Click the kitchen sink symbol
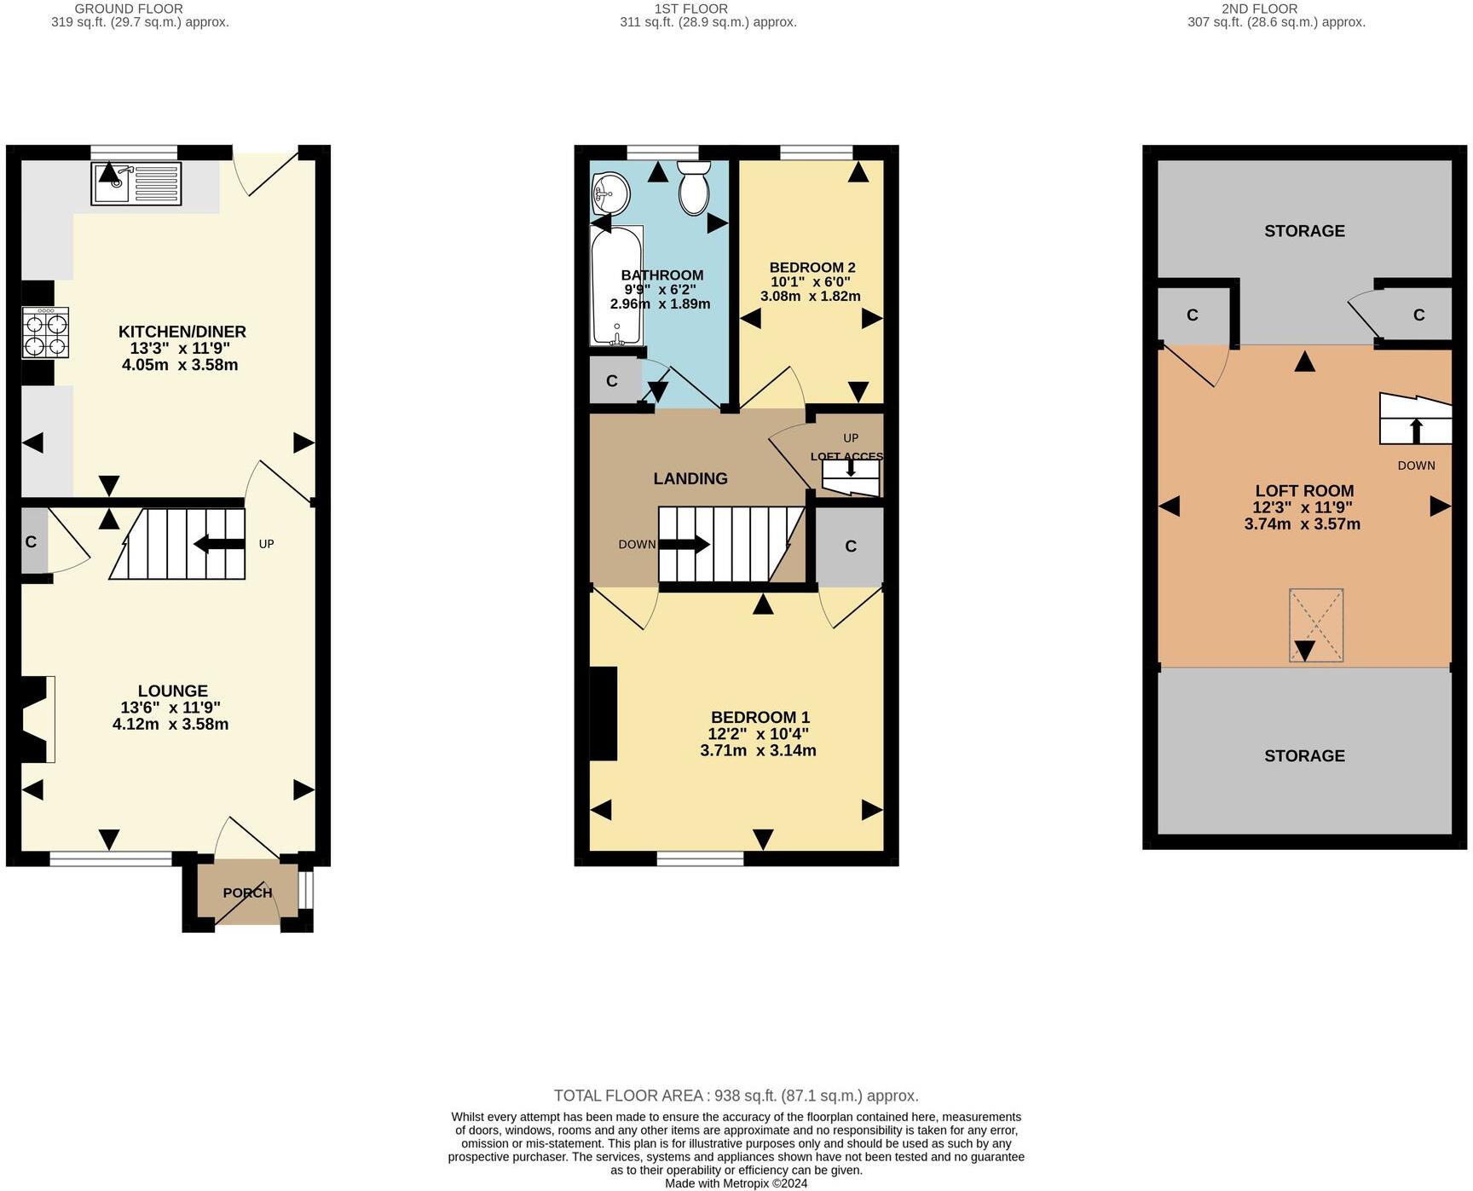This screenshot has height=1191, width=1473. click(x=136, y=184)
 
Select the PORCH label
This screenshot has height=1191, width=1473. click(x=247, y=893)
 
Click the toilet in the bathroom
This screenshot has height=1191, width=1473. click(x=695, y=189)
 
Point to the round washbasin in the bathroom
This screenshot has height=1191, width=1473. click(x=609, y=194)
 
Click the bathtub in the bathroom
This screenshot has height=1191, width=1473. click(x=616, y=286)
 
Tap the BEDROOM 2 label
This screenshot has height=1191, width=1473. click(x=812, y=268)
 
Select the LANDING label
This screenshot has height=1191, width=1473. click(x=690, y=478)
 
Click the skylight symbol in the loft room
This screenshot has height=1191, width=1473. click(x=1316, y=625)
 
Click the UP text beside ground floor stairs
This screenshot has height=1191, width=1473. click(x=266, y=544)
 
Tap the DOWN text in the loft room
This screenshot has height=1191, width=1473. click(x=1416, y=465)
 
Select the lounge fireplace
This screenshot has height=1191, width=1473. click(x=34, y=719)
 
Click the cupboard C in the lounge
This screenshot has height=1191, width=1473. click(x=32, y=542)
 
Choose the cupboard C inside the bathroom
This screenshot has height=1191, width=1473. click(x=612, y=381)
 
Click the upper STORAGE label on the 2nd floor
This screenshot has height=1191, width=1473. click(x=1304, y=231)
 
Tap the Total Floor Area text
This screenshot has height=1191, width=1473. click(x=736, y=1096)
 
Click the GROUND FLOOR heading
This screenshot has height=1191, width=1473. click(x=129, y=9)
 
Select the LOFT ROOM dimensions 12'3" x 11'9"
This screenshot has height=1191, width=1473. click(x=1303, y=507)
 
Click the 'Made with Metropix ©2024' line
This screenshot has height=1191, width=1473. click(x=736, y=1183)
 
